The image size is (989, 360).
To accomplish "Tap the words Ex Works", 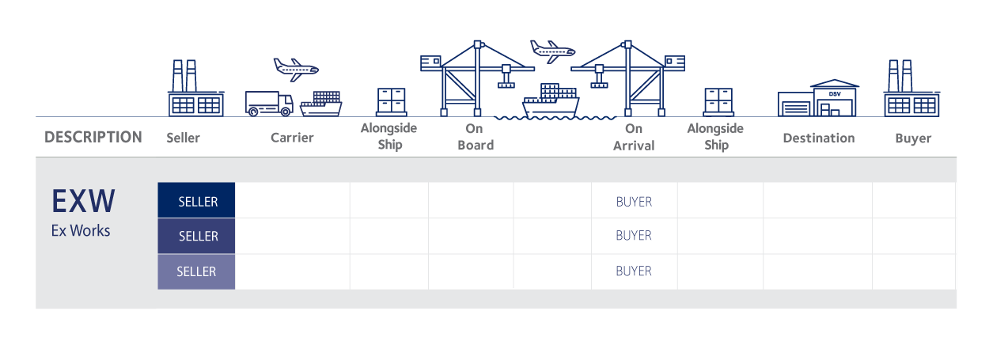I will pos(81,231).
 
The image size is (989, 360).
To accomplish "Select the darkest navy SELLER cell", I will pos(197,201).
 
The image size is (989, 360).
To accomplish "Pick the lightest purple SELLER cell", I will pos(196,271).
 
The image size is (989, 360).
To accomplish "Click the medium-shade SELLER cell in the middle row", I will pos(197,236).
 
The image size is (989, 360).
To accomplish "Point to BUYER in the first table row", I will pos(634,201).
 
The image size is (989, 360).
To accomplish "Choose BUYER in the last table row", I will pos(634,271).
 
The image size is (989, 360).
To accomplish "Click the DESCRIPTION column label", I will pos(93,137).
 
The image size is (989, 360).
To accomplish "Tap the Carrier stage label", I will pos(292,138).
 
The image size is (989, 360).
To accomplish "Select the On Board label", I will pos(476,137).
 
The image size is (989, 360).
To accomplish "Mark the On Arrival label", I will pos(634,137).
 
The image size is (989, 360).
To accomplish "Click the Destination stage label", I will pos(818,138).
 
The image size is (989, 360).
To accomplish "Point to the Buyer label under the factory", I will pos(913,138).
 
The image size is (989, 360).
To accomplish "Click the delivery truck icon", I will pos(269,104).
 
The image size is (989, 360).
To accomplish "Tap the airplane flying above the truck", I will pos(295,67).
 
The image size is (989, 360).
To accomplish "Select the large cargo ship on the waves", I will pos(551,100).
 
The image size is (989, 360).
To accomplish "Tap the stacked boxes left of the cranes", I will pos(391,102).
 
